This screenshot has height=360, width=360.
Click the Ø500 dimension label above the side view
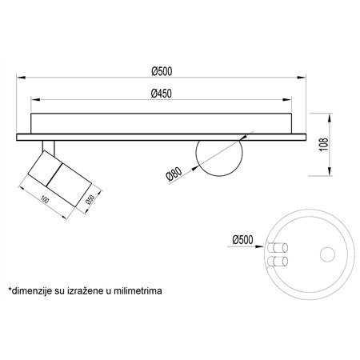(162, 71)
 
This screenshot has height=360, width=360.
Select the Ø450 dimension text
(162, 94)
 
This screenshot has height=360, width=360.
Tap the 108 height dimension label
(323, 145)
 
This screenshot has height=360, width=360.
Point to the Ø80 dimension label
(174, 174)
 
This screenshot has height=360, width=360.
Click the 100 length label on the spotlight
(45, 199)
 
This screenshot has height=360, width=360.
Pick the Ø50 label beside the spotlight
(90, 199)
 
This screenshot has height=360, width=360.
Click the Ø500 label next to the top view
(242, 240)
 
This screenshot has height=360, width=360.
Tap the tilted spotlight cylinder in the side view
(60, 178)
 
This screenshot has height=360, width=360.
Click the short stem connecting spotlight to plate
(48, 147)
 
